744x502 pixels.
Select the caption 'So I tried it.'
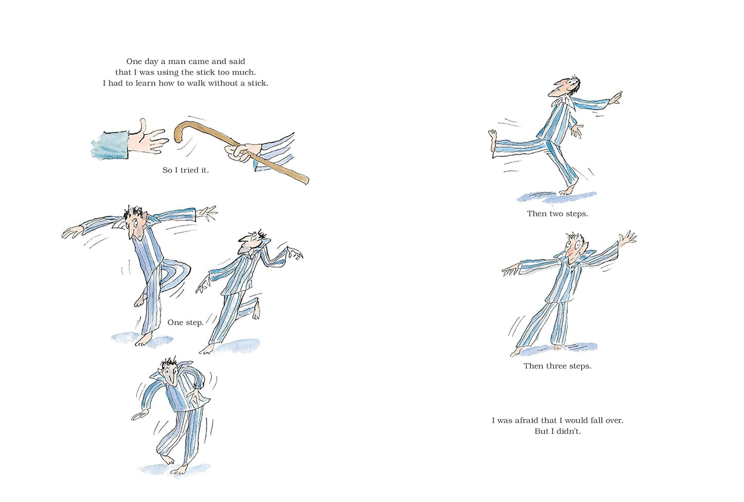(185, 170)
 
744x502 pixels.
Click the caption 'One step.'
(185, 322)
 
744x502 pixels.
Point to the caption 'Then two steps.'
(557, 213)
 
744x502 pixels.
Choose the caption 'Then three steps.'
(557, 366)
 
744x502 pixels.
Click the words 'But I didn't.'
(557, 431)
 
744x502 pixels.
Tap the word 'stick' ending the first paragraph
(257, 83)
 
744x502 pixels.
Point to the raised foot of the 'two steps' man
(493, 140)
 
